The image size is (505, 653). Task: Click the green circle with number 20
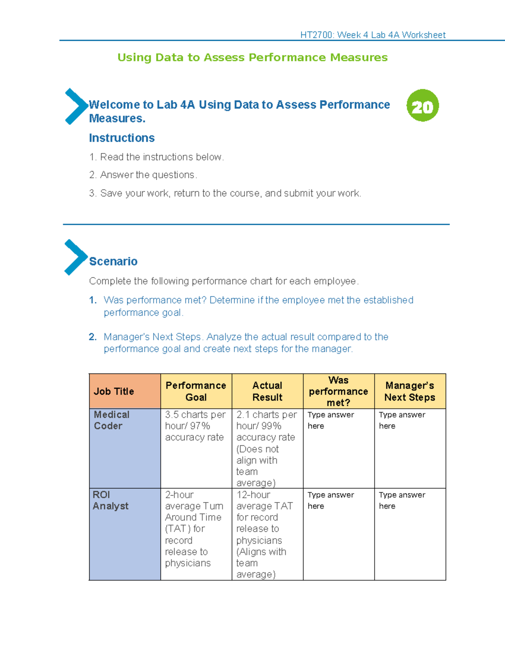(x=423, y=106)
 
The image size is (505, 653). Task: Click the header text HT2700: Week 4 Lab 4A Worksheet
(x=372, y=35)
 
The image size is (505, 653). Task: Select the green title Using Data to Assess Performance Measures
(x=252, y=57)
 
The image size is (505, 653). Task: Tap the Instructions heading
(x=122, y=138)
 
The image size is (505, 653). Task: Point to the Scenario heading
(x=113, y=262)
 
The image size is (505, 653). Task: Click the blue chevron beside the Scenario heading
(x=75, y=257)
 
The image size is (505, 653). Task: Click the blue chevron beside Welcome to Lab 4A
(x=76, y=106)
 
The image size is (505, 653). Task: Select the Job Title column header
(x=114, y=391)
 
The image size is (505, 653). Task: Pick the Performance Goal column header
(x=196, y=391)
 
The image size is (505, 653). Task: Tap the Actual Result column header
(x=267, y=391)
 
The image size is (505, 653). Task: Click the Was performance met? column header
(x=338, y=391)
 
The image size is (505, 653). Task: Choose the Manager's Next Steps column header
(x=409, y=391)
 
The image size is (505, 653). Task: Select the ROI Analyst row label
(x=111, y=500)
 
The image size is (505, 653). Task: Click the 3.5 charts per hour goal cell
(x=195, y=426)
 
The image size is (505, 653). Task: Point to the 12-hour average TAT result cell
(x=265, y=534)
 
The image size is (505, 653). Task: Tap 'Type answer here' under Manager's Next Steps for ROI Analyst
(x=402, y=500)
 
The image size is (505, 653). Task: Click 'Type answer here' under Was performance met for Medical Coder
(x=331, y=420)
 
